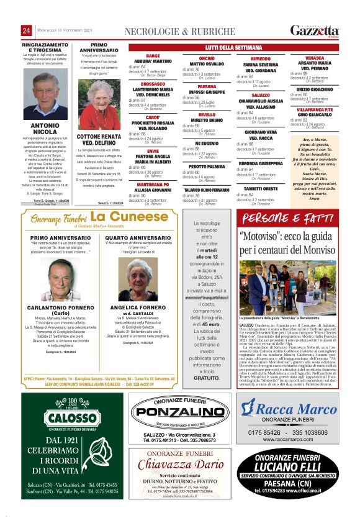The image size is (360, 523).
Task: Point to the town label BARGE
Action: (x=153, y=56)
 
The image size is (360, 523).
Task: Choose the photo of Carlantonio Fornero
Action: (x=60, y=280)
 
